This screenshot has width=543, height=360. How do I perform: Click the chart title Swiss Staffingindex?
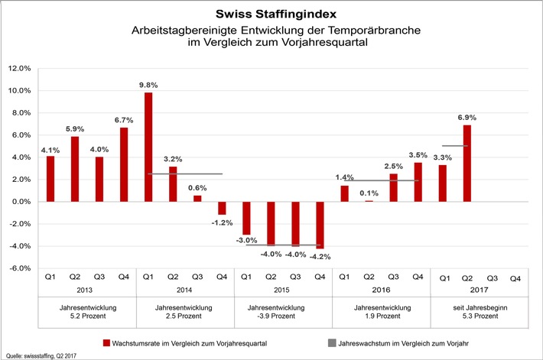[271, 15]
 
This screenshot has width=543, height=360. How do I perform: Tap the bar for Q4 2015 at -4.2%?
[320, 225]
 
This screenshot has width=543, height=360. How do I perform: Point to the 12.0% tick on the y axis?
[18, 68]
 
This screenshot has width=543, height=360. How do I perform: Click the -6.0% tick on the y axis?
[18, 268]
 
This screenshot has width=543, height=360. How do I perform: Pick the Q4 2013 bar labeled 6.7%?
[124, 164]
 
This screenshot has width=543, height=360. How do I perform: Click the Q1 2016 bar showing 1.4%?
[345, 193]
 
